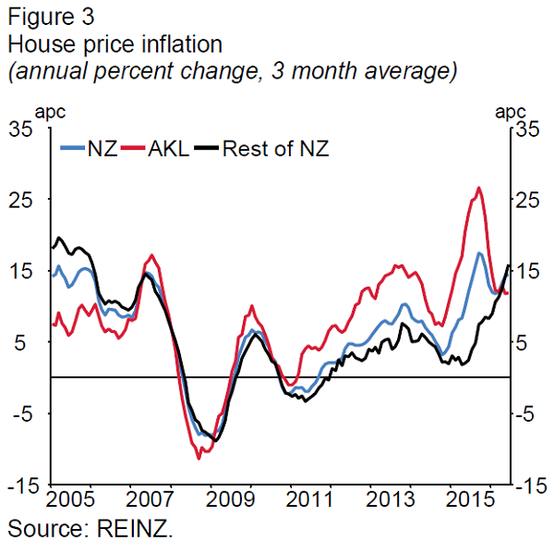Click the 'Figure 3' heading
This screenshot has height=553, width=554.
[x=50, y=16]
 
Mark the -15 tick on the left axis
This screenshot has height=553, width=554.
[x=20, y=485]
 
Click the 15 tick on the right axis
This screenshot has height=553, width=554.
[x=527, y=271]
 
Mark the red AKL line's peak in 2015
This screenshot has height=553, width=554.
[x=478, y=189]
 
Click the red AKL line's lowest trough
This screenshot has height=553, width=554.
[x=199, y=457]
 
